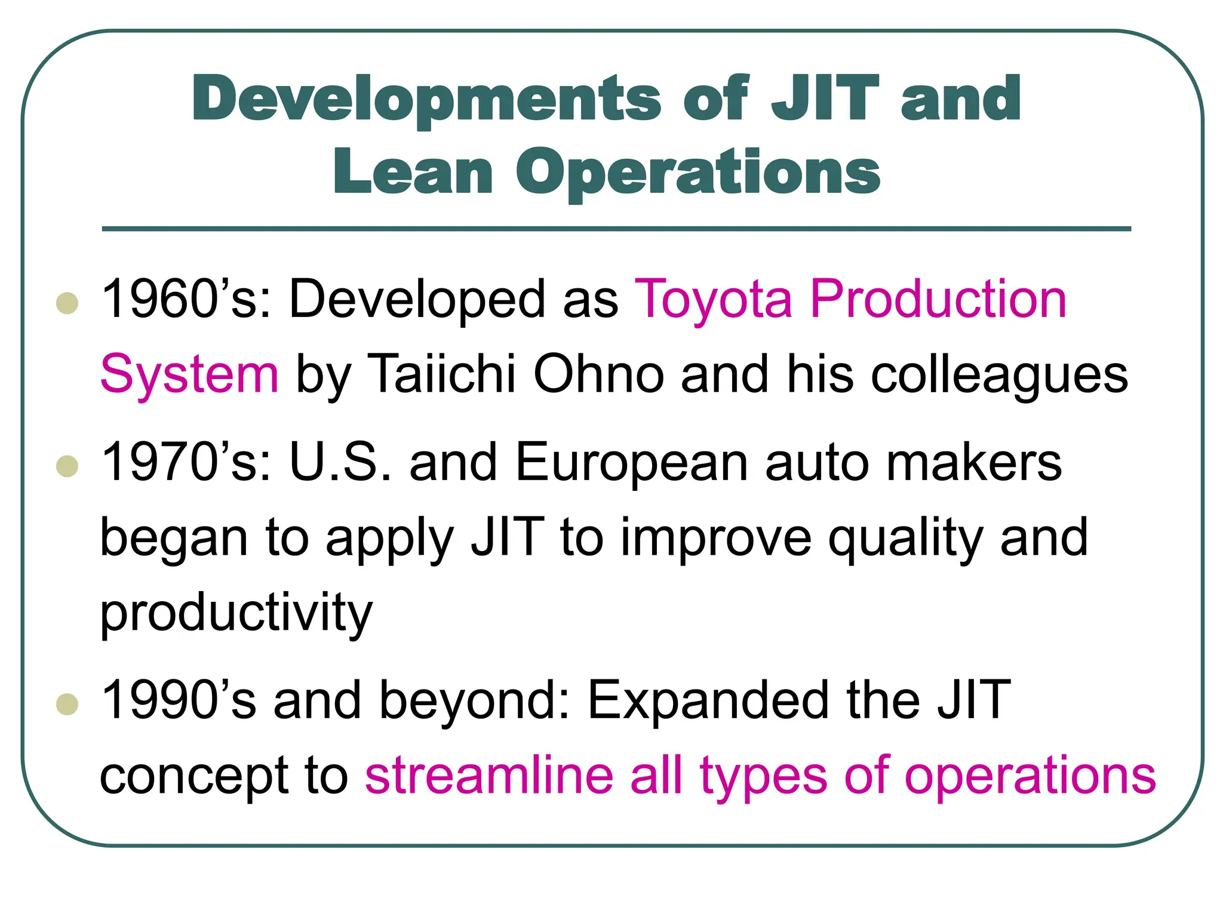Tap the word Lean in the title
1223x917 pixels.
point(413,173)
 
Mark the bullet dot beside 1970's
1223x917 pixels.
point(67,466)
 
